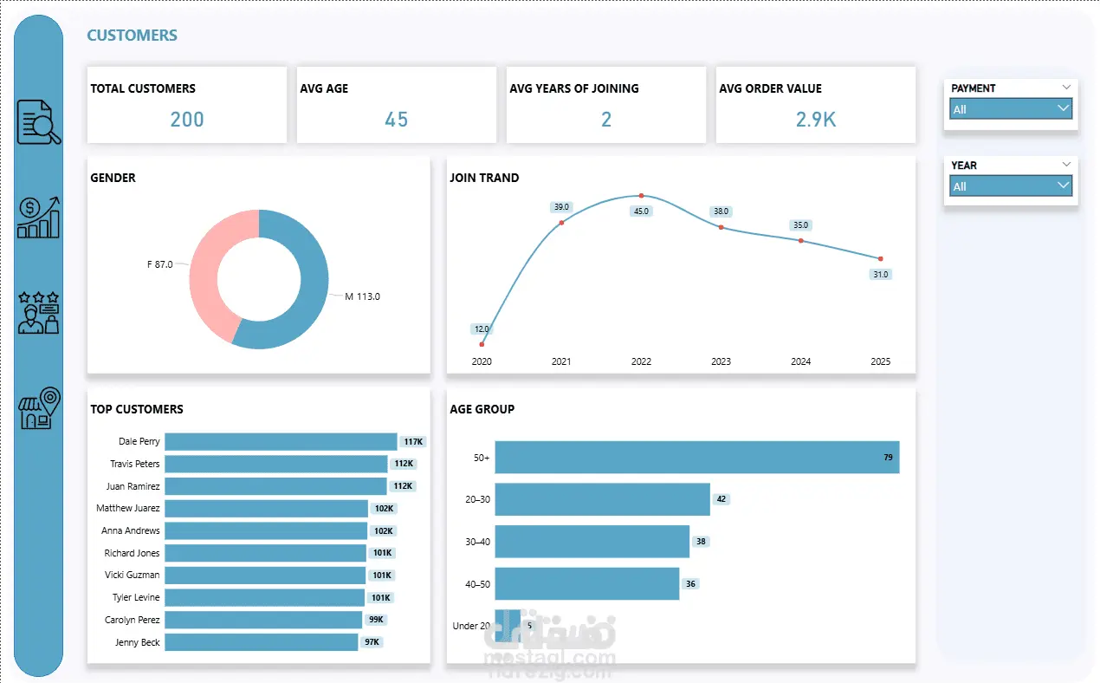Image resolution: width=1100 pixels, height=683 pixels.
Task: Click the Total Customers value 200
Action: pyautogui.click(x=187, y=120)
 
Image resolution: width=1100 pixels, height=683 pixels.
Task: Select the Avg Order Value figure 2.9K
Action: pyautogui.click(x=816, y=120)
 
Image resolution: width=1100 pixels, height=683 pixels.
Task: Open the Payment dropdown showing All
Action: pyautogui.click(x=1011, y=109)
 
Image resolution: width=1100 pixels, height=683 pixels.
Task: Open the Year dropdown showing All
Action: pyautogui.click(x=1011, y=186)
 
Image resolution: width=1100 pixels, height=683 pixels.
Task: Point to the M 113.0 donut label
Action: pyautogui.click(x=362, y=296)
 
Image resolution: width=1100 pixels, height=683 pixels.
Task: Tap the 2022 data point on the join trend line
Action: pyautogui.click(x=641, y=196)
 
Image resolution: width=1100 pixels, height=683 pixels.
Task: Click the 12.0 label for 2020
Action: pyautogui.click(x=482, y=329)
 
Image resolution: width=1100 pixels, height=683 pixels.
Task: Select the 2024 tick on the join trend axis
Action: pyautogui.click(x=800, y=361)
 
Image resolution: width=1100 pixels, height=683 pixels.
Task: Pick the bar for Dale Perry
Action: pyautogui.click(x=280, y=442)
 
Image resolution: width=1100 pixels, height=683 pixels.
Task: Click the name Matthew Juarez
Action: pyautogui.click(x=127, y=508)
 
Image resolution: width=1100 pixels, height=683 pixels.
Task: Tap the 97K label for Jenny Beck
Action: pyautogui.click(x=372, y=642)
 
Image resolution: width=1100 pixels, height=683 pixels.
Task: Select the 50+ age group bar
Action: pyautogui.click(x=696, y=458)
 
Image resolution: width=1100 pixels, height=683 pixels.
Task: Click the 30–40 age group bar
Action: pyautogui.click(x=592, y=542)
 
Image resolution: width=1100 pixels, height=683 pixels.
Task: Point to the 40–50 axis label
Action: pyautogui.click(x=477, y=584)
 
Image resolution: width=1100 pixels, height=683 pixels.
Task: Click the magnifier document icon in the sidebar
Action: pyautogui.click(x=39, y=122)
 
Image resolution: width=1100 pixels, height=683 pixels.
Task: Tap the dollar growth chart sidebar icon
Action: pyautogui.click(x=39, y=218)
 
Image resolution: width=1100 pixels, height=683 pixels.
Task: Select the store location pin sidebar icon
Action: pyautogui.click(x=39, y=408)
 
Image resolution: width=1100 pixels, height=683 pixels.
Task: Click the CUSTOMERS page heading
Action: pyautogui.click(x=132, y=36)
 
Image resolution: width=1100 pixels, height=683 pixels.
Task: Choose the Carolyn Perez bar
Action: pyautogui.click(x=262, y=620)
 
